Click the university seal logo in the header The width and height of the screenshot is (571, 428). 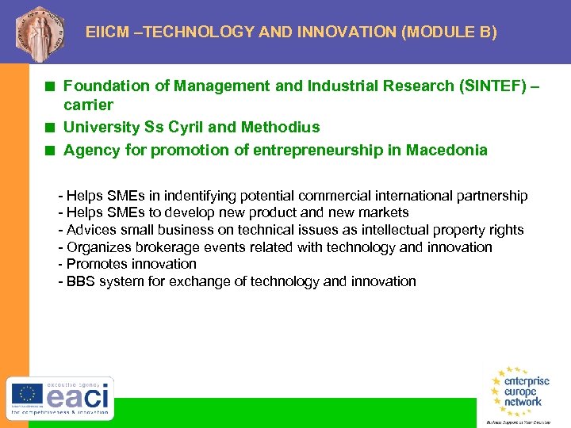36,32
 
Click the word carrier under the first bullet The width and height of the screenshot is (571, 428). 88,105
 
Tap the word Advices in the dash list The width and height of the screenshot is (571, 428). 90,230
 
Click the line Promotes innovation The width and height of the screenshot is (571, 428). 131,264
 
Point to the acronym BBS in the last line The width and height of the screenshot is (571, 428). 82,281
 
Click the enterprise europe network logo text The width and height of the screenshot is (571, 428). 523,391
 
